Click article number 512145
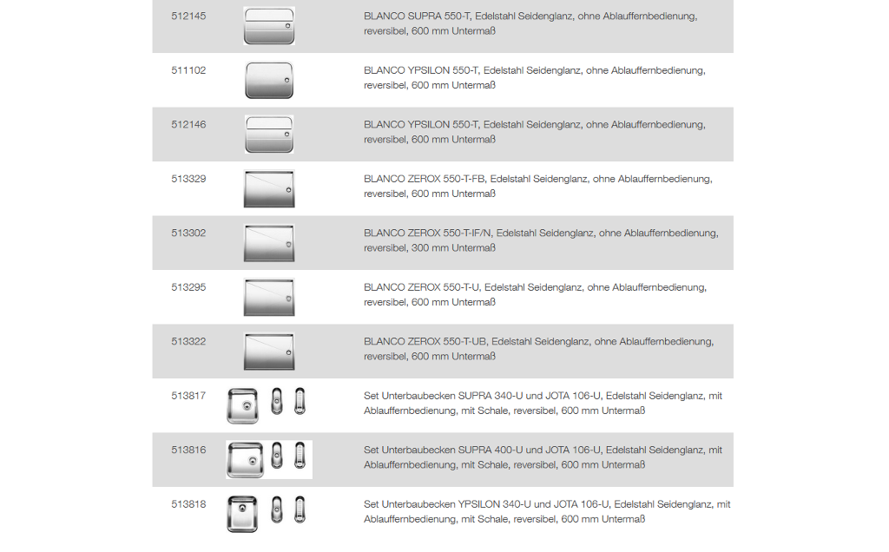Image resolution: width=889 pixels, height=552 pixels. point(188,16)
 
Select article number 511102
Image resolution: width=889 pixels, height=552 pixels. point(188,71)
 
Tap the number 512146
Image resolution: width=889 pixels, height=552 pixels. point(188,125)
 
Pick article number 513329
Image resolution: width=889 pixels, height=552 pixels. point(188,179)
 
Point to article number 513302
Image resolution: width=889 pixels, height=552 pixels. point(188,233)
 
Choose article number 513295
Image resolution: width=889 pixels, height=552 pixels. point(188,287)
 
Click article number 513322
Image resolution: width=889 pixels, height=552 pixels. point(188,342)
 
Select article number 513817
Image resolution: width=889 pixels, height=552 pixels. point(188,396)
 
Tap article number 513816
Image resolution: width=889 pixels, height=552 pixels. point(188,450)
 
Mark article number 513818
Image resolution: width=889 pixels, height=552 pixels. point(188,504)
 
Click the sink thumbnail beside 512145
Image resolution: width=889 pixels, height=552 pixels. point(269,26)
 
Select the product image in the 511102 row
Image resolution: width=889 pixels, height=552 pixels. point(269,80)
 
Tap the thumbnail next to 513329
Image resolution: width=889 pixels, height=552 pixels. point(269,188)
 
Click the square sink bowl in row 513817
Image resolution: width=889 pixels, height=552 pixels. point(243,406)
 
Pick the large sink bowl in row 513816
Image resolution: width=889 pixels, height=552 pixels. point(245,460)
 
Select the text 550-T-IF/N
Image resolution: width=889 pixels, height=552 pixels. point(467,233)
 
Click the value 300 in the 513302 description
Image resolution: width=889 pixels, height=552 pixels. point(420,248)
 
